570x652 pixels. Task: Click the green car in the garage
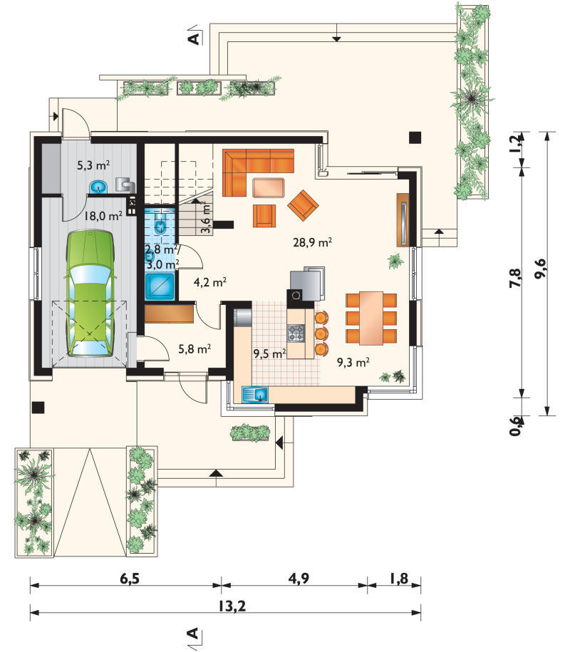click(90, 294)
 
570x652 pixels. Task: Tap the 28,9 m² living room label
click(312, 242)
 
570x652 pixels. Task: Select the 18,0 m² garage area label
click(103, 216)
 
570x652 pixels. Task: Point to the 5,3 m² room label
click(93, 165)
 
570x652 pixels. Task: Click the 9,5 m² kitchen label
click(269, 354)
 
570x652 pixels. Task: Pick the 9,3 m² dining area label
click(353, 362)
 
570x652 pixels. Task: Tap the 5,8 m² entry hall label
click(195, 348)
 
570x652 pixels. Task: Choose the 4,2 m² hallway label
click(210, 282)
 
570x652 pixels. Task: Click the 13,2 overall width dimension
click(232, 606)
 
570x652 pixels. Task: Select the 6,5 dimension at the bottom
click(130, 579)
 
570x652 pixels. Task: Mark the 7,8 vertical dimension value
click(514, 278)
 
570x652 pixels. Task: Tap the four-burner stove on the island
click(296, 333)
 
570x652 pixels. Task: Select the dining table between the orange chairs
click(371, 319)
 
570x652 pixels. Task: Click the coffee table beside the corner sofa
click(269, 187)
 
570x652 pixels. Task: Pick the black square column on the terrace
click(415, 138)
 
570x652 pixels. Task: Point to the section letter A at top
click(194, 38)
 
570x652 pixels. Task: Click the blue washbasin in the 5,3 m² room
click(98, 187)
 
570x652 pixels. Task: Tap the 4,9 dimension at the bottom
click(299, 579)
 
